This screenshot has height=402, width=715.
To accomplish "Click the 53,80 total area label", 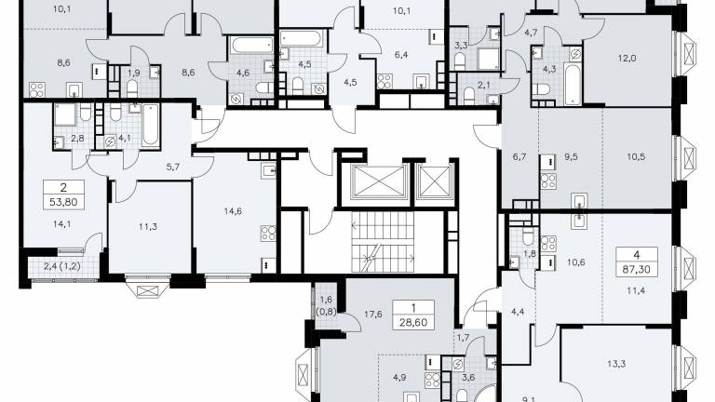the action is coord(63,201).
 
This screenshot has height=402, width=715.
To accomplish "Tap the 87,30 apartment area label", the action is coord(637,269).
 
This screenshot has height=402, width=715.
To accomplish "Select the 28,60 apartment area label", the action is coord(413,322).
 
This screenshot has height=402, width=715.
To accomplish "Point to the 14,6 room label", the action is coord(233,211).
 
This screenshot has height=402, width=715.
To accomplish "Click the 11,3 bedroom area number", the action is coord(148,226).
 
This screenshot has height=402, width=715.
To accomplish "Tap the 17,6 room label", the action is coord(373,314).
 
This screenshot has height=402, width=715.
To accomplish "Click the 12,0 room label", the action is coord(627,59).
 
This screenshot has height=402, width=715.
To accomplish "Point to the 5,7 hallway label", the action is coord(173,167).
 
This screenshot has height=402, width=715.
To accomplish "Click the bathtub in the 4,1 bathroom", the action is coord(150,125).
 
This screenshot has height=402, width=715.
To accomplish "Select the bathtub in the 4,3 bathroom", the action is coord(573,84).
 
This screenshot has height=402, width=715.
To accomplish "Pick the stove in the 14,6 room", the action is coord(268,233).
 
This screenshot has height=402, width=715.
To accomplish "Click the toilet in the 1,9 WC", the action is coord(132,88).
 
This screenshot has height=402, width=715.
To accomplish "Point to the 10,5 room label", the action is coord(636,156).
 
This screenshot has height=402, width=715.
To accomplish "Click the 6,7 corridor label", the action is coord(519,156).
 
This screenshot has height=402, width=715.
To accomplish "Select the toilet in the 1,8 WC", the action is coord(528,236).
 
